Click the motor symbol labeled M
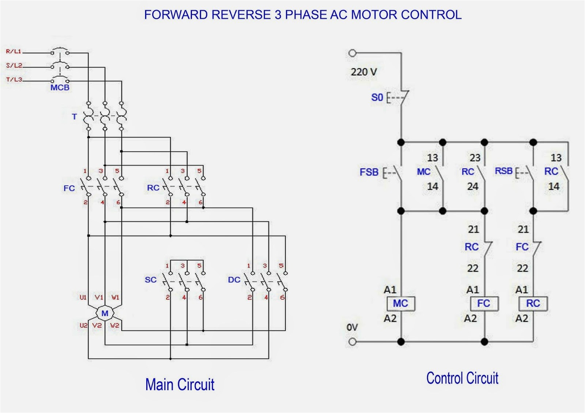click(105, 313)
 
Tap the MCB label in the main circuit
click(60, 88)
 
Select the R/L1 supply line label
click(14, 51)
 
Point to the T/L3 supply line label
click(14, 79)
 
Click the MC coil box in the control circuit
click(401, 303)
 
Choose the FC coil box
click(484, 303)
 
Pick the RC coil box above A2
click(533, 303)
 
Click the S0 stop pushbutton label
click(377, 97)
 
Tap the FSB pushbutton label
click(369, 172)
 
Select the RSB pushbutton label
click(503, 171)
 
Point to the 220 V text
click(364, 72)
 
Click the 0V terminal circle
click(352, 342)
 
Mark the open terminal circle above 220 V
click(352, 53)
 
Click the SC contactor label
click(151, 280)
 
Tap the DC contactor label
click(234, 280)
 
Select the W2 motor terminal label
click(114, 325)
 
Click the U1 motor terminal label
click(83, 297)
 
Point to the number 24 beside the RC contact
click(472, 187)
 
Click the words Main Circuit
click(180, 385)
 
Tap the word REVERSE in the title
click(241, 15)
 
